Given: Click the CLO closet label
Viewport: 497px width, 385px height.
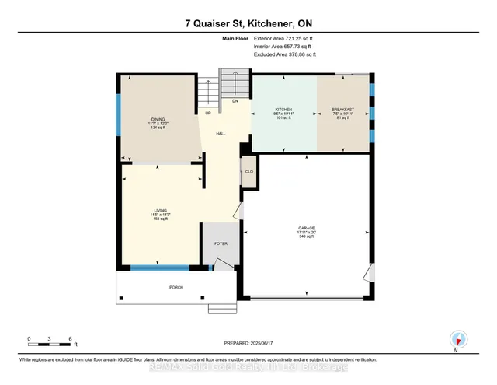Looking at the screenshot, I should point(249,171).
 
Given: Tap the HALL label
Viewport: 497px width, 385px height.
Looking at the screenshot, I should point(221,134).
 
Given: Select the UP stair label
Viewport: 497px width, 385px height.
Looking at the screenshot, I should point(207,114).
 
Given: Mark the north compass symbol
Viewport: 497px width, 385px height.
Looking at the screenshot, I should point(459,338).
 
